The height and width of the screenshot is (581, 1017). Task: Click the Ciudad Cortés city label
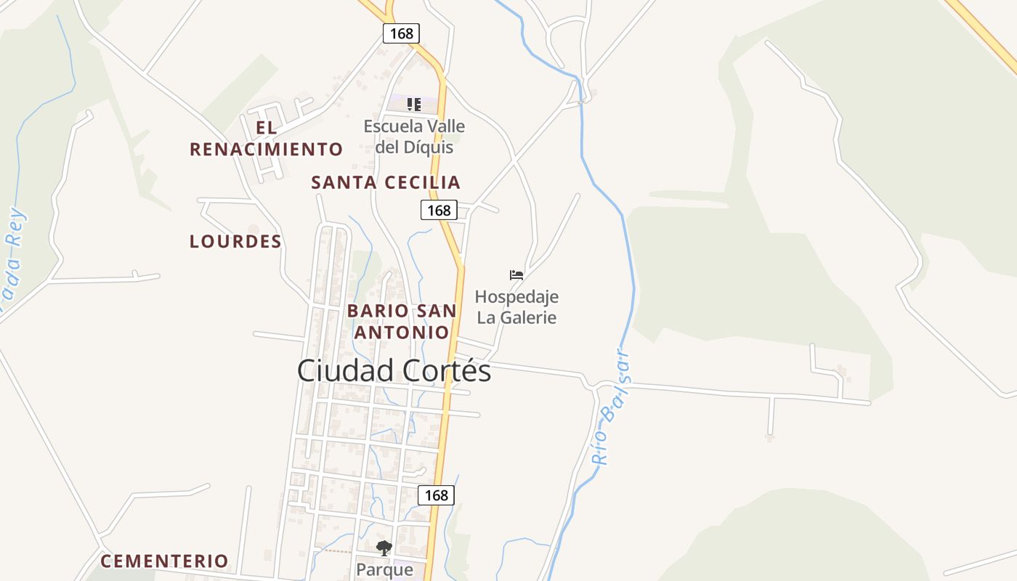(394, 371)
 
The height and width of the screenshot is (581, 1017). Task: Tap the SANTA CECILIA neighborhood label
(386, 183)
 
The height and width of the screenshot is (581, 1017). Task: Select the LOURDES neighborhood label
(235, 242)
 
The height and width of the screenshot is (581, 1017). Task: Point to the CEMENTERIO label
(164, 561)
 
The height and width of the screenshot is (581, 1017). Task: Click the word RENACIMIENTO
(266, 150)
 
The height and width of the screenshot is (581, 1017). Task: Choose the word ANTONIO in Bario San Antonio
(401, 333)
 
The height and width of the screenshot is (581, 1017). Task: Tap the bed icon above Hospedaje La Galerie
(516, 275)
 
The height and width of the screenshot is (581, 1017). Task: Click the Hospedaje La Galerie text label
(516, 307)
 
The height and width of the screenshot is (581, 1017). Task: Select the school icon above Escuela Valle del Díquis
(414, 105)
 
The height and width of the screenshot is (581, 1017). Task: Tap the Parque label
(384, 570)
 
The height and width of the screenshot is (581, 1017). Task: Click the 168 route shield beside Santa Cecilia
(439, 211)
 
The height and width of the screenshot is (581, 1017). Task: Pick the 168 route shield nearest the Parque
(436, 495)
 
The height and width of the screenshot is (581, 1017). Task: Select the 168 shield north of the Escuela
(401, 33)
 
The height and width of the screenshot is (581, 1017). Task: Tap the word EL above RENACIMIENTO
(266, 128)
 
